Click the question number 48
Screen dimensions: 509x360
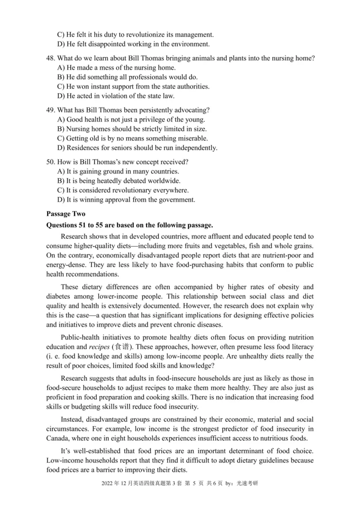tap(50, 58)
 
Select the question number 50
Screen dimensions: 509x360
tap(50, 162)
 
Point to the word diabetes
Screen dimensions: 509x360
tap(59, 296)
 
